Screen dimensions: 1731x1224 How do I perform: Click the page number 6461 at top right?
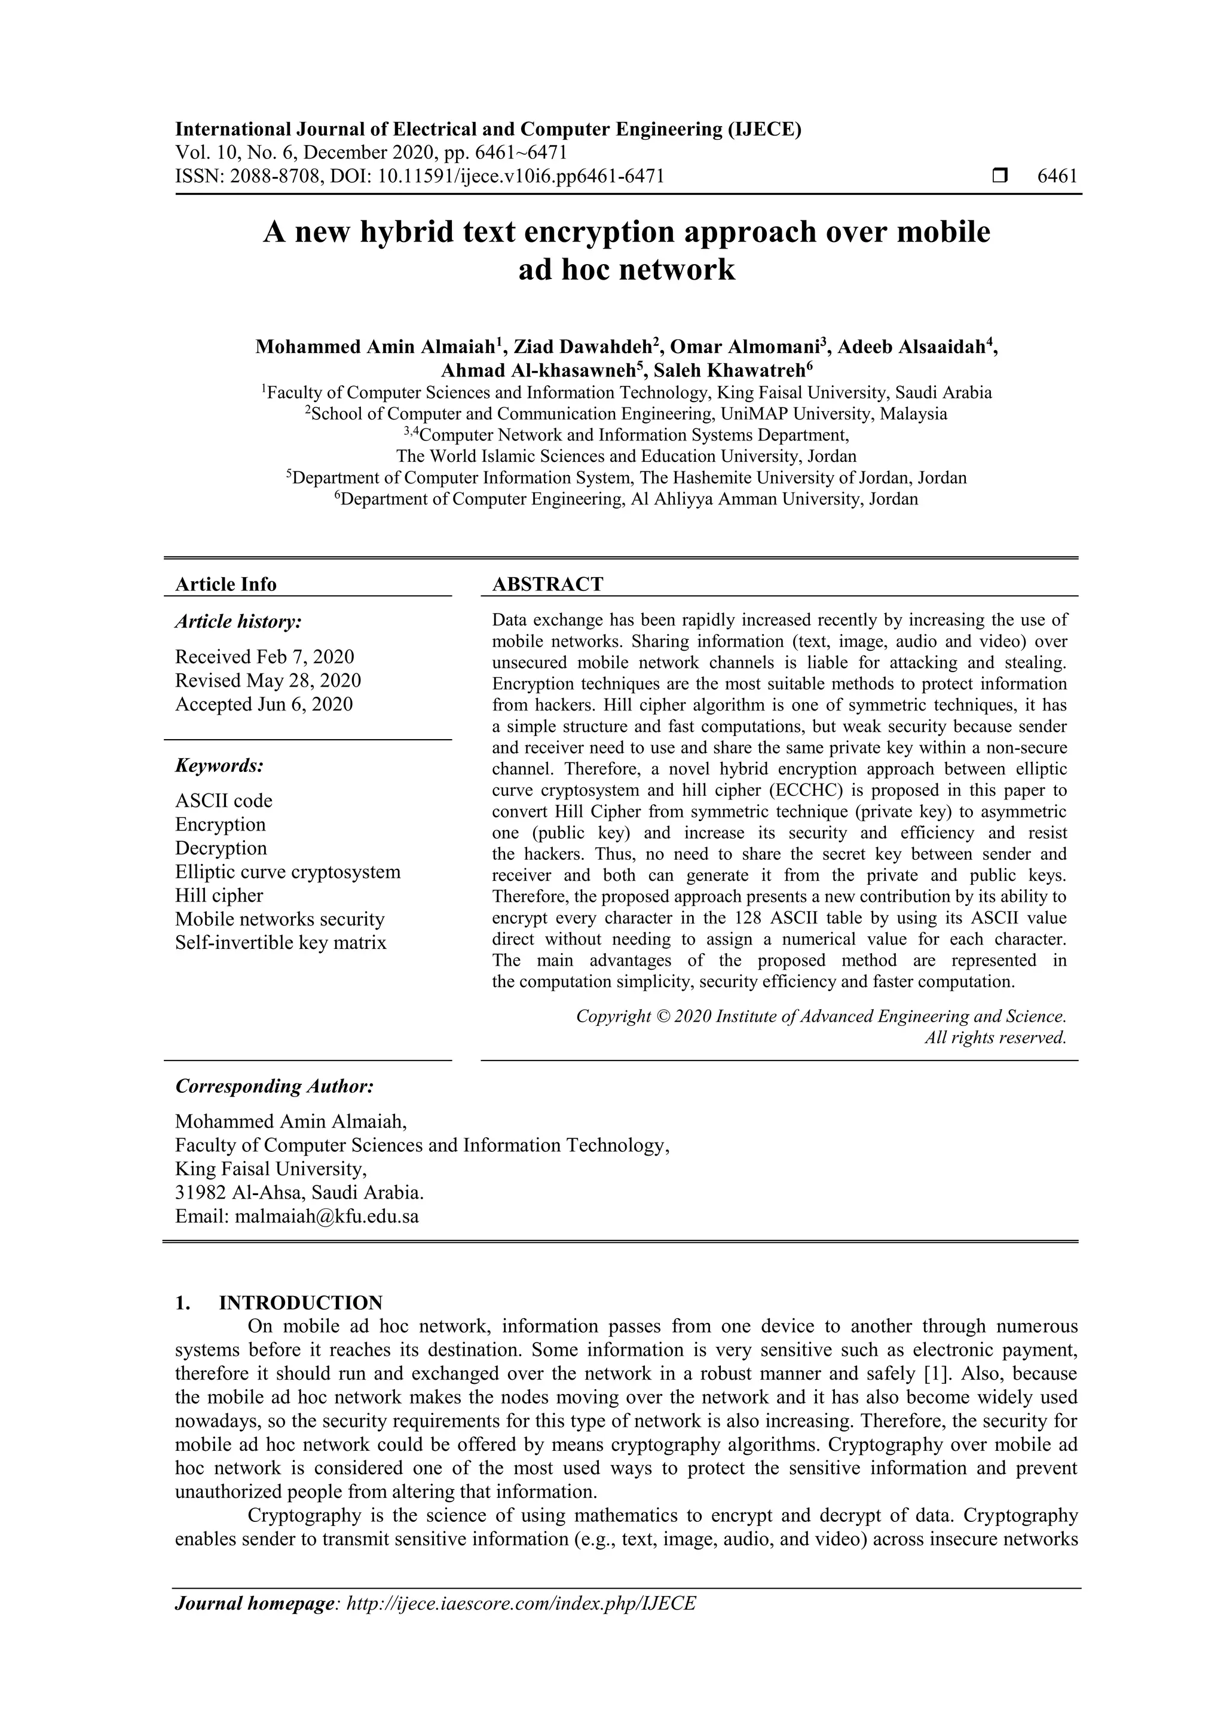click(x=1057, y=176)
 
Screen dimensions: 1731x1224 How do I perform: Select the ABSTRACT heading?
click(x=547, y=584)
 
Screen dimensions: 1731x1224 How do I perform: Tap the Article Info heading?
click(x=225, y=584)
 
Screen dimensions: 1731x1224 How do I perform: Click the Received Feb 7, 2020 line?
click(x=264, y=657)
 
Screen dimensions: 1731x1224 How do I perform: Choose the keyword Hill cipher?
click(x=219, y=896)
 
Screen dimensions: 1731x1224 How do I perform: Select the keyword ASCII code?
click(x=224, y=801)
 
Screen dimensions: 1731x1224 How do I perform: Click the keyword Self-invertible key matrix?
click(x=280, y=942)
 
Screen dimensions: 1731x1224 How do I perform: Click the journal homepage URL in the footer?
click(x=521, y=1603)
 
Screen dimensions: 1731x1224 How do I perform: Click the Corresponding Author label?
click(x=274, y=1086)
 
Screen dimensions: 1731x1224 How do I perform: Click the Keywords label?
click(x=219, y=766)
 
